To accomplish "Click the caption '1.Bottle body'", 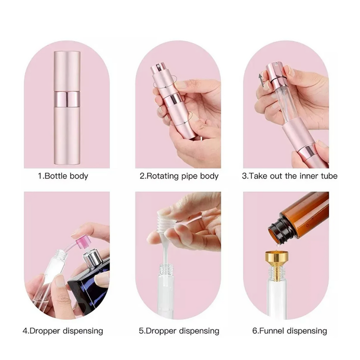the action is [x=63, y=176].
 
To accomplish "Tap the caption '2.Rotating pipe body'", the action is [x=179, y=176].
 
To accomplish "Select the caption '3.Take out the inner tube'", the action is [x=289, y=176].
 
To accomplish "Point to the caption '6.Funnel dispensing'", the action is [x=289, y=331].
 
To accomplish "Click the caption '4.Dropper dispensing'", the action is [x=63, y=331].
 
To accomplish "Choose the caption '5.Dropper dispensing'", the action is [x=179, y=331].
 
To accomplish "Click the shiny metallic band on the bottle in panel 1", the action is [x=67, y=99].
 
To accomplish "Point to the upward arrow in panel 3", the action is [x=261, y=81].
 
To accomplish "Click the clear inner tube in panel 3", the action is [x=285, y=104].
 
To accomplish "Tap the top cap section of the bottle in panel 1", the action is [x=67, y=72].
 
